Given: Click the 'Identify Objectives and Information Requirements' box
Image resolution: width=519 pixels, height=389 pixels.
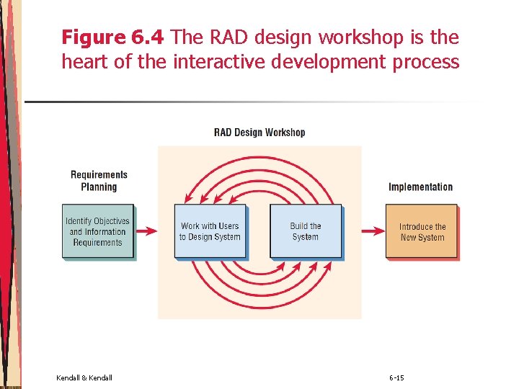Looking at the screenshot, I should pos(98,232).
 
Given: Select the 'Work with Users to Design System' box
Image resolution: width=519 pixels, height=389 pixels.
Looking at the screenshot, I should pos(209,231).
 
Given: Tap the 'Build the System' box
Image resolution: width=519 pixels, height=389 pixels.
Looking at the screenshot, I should pos(306,231).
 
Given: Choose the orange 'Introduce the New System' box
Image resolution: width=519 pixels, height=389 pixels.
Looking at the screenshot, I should pos(422,231).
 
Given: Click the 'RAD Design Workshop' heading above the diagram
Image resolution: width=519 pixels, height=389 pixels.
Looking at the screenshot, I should pos(259,133).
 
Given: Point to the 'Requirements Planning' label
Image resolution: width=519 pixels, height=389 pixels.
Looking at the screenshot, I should pos(99,181).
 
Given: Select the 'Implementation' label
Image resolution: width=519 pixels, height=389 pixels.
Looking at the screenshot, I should pos(420,187).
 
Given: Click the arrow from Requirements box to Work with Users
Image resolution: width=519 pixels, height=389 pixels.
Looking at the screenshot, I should pos(146,231).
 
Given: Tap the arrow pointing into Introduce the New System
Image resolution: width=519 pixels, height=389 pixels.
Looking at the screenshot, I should pos(373,231).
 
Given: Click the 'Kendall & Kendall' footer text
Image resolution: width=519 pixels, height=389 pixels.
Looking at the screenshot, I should pos(84,378).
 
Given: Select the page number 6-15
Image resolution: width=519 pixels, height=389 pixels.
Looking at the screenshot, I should pos(396,378).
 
